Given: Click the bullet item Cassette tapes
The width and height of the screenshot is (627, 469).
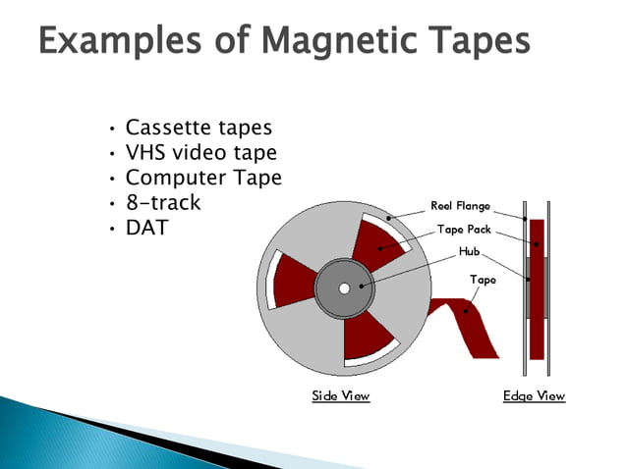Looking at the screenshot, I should (199, 128).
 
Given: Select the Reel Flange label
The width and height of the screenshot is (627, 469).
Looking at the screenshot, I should (460, 207).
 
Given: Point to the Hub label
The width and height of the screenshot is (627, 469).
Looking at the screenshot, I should (470, 252).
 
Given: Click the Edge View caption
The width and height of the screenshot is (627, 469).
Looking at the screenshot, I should (534, 396).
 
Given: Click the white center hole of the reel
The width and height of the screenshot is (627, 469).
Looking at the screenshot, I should (344, 288).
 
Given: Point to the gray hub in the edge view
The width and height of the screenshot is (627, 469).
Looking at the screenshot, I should (532, 288).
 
